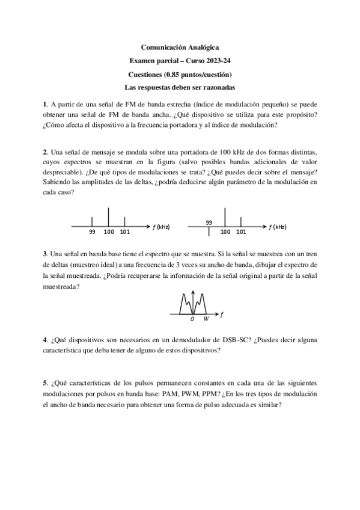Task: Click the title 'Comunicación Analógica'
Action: [x=180, y=46]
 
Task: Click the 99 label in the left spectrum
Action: [x=92, y=232]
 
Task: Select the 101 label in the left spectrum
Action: [x=124, y=232]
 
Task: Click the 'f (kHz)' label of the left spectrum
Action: [x=161, y=227]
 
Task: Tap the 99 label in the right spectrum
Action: [x=209, y=222]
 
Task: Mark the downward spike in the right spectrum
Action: [x=209, y=232]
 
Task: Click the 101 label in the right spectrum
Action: [x=241, y=232]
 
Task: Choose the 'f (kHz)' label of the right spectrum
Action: [x=278, y=227]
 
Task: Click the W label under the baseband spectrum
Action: [x=206, y=319]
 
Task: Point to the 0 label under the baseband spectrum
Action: [x=192, y=319]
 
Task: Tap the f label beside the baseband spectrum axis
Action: [x=222, y=314]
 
